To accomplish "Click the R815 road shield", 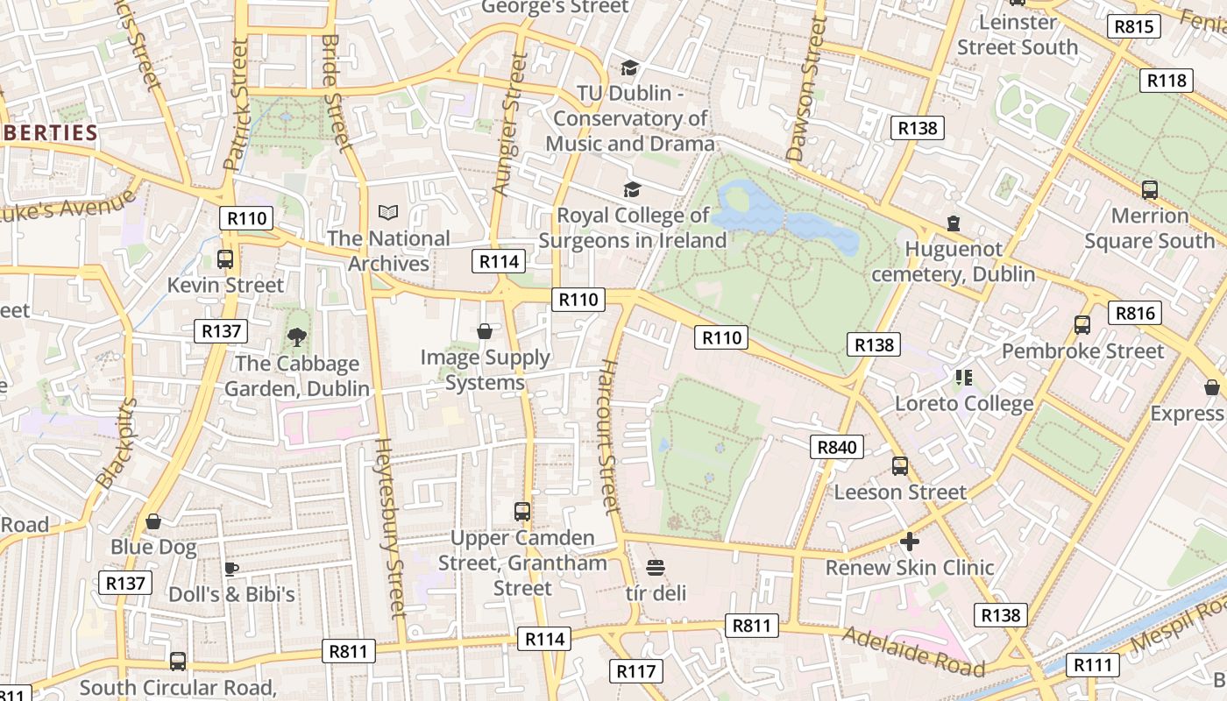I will [x=1133, y=26].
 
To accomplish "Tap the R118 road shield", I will [x=1167, y=81].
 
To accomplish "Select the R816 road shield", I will [x=1134, y=313].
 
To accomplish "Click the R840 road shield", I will [x=836, y=447].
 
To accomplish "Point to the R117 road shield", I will [x=635, y=671].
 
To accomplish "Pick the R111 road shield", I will [x=1093, y=665].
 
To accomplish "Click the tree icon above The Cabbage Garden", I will [x=297, y=336].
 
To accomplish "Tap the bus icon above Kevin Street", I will [x=225, y=258].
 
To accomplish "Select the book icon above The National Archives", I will [x=387, y=212].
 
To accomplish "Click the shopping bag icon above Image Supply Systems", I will [x=484, y=330].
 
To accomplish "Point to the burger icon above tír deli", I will [x=655, y=567].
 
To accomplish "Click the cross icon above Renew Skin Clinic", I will [x=910, y=542].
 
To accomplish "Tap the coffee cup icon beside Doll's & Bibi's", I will [x=231, y=569].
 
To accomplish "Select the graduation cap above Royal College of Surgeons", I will [x=632, y=188].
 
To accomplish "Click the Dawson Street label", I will [x=806, y=89].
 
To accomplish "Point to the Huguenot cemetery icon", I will [x=954, y=223].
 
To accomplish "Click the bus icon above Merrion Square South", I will [x=1149, y=189].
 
